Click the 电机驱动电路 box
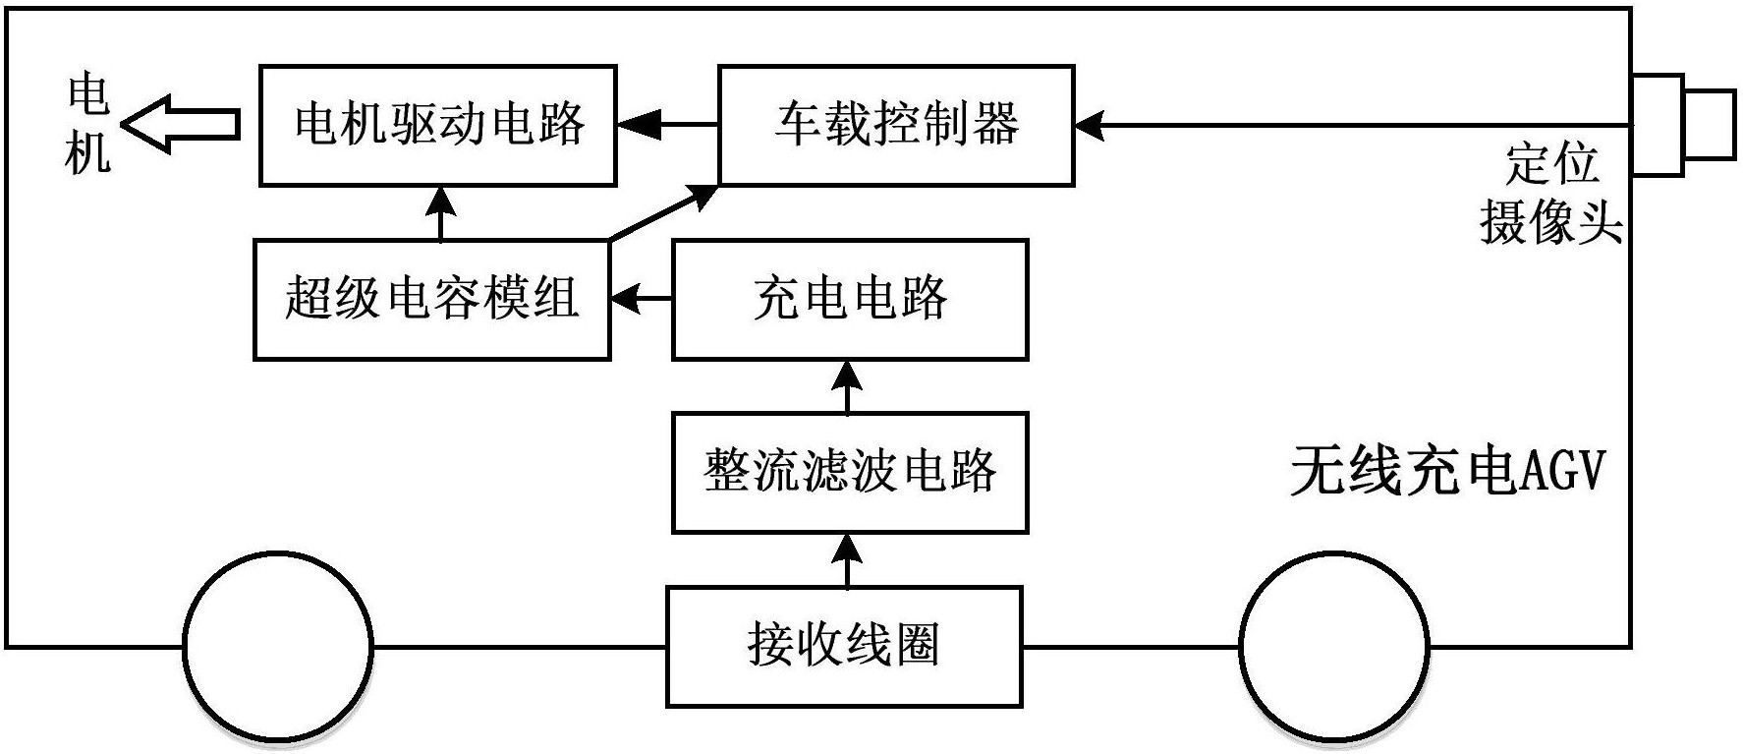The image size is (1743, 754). click(438, 126)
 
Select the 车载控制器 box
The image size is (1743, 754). click(895, 126)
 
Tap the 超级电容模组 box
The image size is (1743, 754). click(431, 299)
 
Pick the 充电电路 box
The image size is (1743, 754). click(850, 299)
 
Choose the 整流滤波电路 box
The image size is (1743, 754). click(850, 473)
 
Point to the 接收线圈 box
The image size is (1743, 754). click(844, 647)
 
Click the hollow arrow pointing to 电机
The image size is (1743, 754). click(181, 125)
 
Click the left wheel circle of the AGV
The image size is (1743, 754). click(278, 647)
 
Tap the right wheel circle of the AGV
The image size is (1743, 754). click(1334, 647)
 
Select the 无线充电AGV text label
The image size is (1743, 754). click(1446, 472)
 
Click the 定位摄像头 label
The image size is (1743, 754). click(1550, 194)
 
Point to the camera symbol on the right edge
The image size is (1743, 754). click(1681, 125)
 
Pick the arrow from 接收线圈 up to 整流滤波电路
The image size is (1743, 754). click(847, 559)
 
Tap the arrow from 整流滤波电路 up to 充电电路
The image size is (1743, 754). click(847, 386)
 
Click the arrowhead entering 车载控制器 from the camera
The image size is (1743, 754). click(1091, 125)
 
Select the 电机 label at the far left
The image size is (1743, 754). click(88, 125)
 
